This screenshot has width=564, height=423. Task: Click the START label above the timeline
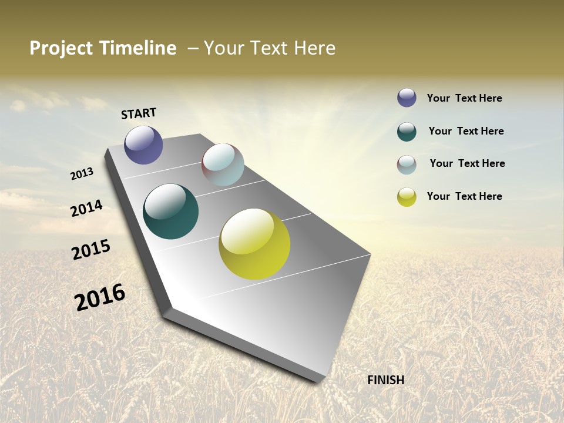tap(139, 113)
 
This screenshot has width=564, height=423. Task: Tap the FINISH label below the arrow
tap(385, 380)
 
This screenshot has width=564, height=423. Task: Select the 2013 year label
tap(82, 174)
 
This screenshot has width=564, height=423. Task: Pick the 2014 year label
tap(87, 209)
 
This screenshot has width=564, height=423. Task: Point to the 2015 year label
tap(91, 250)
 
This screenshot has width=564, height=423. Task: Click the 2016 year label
tap(100, 297)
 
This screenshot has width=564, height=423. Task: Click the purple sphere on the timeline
tap(143, 145)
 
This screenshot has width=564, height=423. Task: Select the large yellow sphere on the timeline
tap(254, 244)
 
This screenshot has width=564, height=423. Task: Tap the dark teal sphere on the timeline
tap(170, 211)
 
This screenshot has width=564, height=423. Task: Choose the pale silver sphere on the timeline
tap(223, 164)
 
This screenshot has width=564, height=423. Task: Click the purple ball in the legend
tap(407, 98)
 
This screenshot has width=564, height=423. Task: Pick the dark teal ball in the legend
tap(407, 132)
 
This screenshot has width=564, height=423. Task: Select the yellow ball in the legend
tap(407, 197)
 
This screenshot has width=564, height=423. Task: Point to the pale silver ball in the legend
tap(407, 164)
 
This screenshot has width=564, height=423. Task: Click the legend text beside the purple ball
tap(464, 98)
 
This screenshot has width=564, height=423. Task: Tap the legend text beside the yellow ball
tap(464, 196)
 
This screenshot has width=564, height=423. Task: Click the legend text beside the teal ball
tap(466, 131)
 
